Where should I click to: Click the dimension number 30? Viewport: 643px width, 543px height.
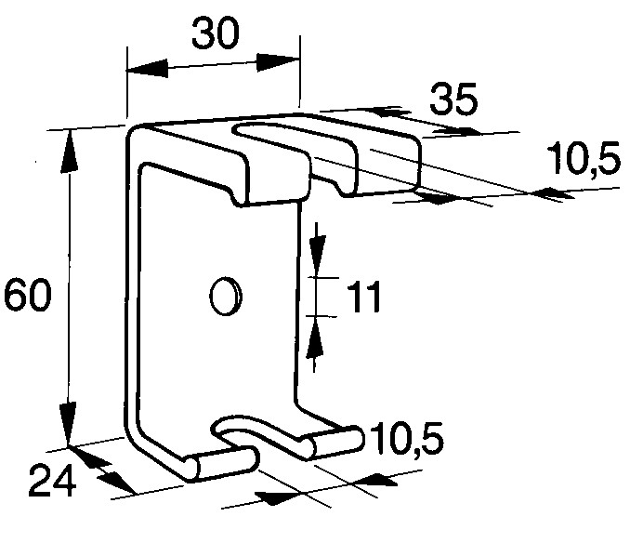pyautogui.click(x=215, y=33)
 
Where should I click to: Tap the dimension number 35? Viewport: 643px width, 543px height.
pyautogui.click(x=454, y=99)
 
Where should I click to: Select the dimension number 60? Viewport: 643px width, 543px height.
pyautogui.click(x=28, y=294)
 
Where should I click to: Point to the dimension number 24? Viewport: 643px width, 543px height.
pyautogui.click(x=52, y=481)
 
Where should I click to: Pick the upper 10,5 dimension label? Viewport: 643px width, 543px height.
pyautogui.click(x=584, y=158)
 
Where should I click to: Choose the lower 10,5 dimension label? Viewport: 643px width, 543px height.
pyautogui.click(x=407, y=439)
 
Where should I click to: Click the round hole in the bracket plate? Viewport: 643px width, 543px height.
pyautogui.click(x=225, y=297)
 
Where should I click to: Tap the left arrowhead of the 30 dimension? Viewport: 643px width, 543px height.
pyautogui.click(x=147, y=69)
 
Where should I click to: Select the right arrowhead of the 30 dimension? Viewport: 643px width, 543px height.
pyautogui.click(x=279, y=62)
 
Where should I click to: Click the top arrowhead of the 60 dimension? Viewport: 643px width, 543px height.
pyautogui.click(x=70, y=151)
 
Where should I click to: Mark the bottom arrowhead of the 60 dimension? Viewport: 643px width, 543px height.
pyautogui.click(x=68, y=425)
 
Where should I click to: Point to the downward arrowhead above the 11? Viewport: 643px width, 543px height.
pyautogui.click(x=318, y=248)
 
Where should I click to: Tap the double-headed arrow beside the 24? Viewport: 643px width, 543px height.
pyautogui.click(x=101, y=470)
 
